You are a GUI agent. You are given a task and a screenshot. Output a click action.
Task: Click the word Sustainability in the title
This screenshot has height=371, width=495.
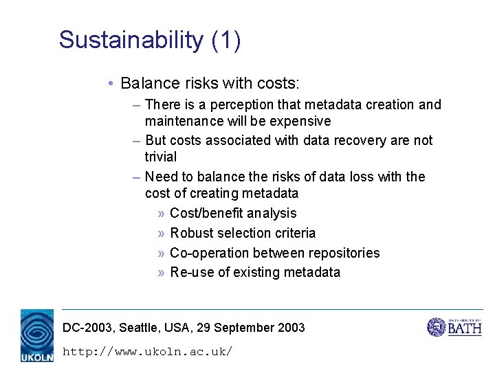pos(131,40)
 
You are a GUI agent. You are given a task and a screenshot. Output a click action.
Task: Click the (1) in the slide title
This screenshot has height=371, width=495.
pos(226,40)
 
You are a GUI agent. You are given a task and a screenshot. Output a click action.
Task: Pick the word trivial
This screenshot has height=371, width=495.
pos(161,157)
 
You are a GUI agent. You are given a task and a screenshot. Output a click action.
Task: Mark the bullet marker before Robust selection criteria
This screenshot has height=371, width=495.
pos(161,234)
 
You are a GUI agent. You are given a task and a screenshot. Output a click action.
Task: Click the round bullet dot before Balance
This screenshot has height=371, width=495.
pos(111,84)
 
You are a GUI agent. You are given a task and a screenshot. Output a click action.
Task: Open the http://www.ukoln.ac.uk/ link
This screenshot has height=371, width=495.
pos(147,352)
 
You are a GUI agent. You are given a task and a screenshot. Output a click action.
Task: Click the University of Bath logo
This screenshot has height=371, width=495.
pos(454,327)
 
